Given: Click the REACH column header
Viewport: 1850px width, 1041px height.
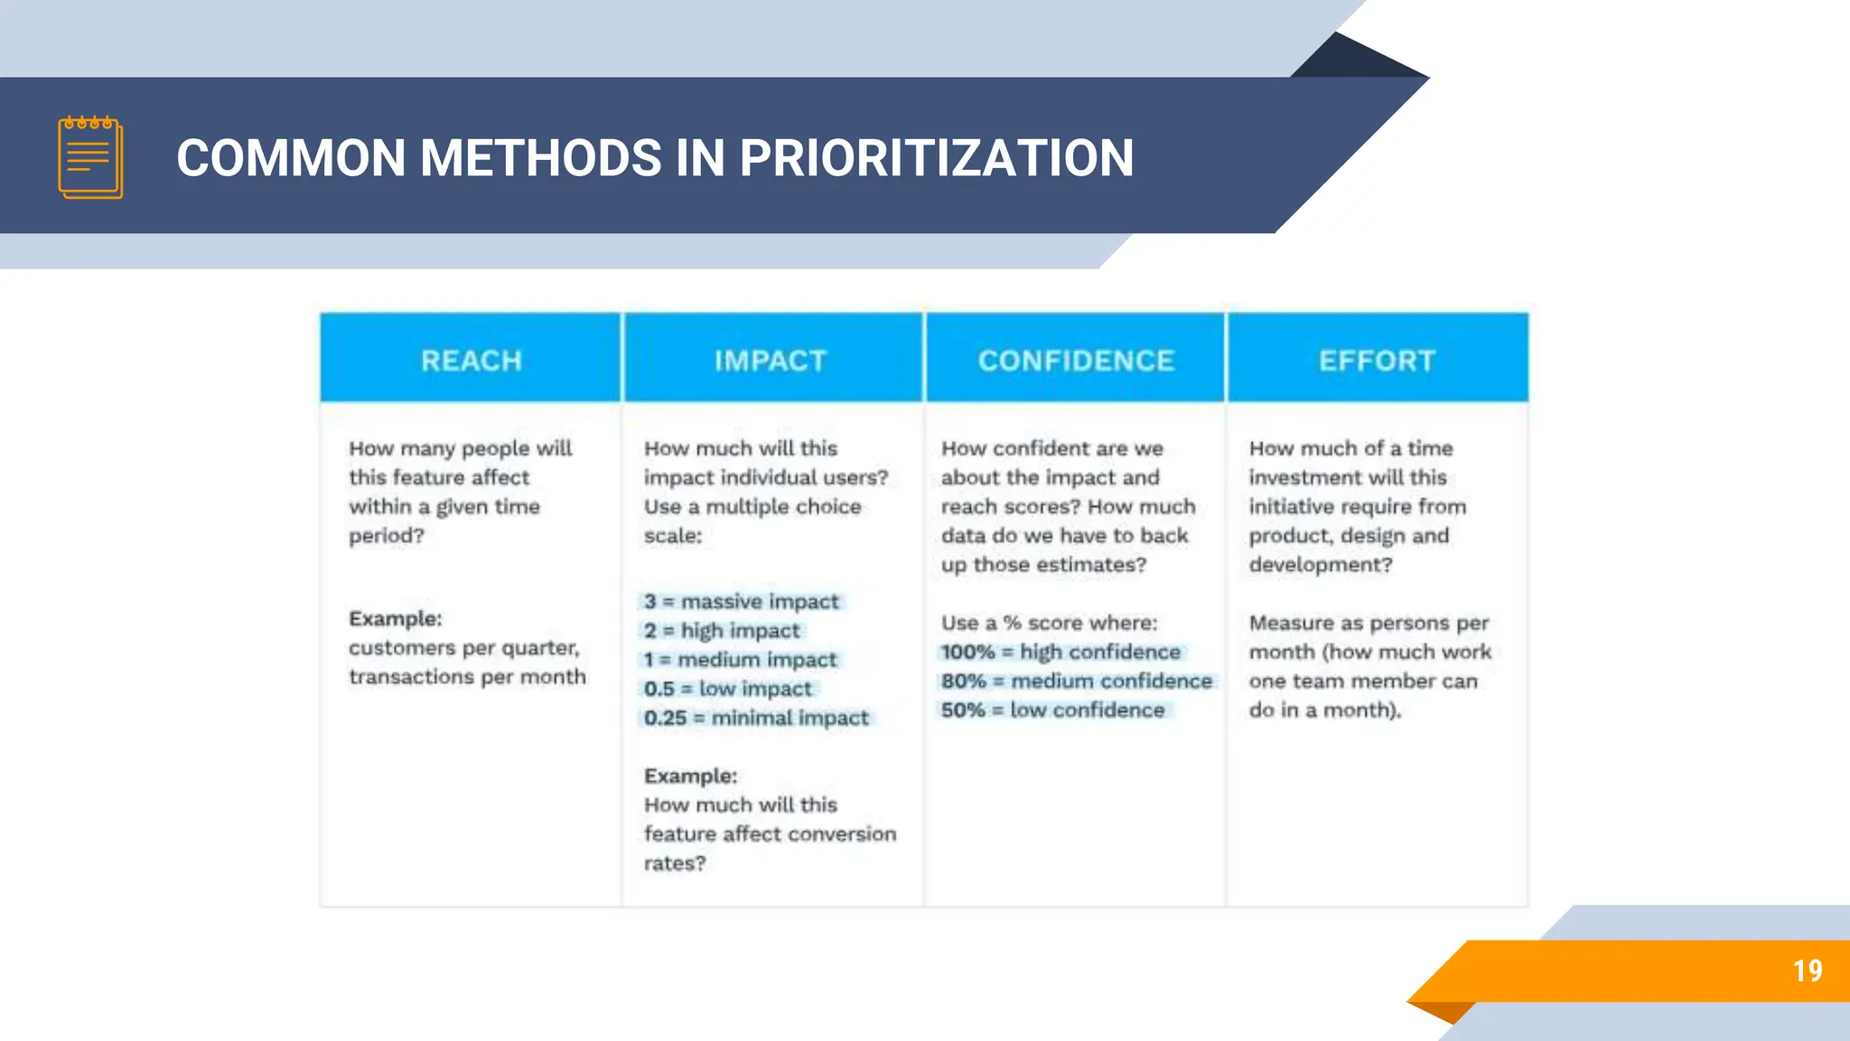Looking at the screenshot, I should pos(471,361).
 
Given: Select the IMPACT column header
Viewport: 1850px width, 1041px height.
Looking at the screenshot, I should pos(771,361).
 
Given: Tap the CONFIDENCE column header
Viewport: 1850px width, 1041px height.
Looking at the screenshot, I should pos(1076,361).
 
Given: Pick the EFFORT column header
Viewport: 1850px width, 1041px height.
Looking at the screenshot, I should pos(1377,361).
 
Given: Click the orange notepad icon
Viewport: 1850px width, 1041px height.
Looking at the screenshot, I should pos(90,157).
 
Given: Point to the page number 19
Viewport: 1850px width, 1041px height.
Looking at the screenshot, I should pos(1807,971).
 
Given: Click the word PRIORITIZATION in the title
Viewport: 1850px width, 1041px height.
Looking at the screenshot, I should pos(936,158).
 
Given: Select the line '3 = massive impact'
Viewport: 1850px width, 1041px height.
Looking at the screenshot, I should pos(741,602).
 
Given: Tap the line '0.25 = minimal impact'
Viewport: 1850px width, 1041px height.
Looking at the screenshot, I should pos(756,718).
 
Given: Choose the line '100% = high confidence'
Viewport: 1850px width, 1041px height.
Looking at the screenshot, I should pos(1060,652).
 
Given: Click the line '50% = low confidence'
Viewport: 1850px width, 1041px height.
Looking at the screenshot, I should pos(1052,710).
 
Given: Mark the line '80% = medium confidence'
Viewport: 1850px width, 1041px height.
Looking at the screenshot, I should pos(1076,681).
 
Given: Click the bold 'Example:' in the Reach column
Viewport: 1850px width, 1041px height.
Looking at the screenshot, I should pos(396,619).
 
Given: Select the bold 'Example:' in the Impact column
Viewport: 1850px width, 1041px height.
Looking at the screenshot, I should pos(690,776).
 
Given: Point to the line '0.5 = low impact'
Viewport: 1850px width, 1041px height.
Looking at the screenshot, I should pos(727,689).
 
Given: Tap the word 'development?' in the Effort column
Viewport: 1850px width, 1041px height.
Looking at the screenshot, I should pos(1320,565).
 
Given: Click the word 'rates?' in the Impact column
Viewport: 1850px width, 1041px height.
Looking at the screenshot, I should pos(674,864).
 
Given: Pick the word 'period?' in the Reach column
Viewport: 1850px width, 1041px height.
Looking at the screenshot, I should pos(386,536).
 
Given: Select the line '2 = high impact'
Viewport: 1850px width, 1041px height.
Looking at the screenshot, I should pos(722,631).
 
